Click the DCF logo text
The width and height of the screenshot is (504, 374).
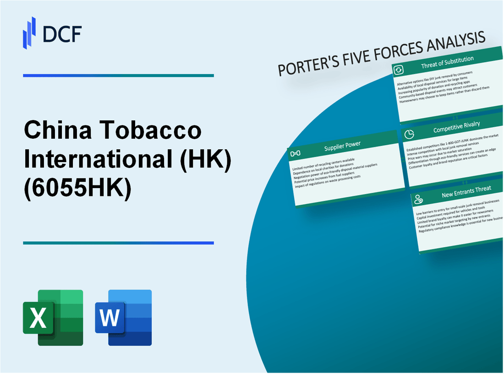(63, 33)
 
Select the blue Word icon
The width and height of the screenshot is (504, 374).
(123, 317)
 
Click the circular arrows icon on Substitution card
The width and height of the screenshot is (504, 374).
(398, 70)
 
